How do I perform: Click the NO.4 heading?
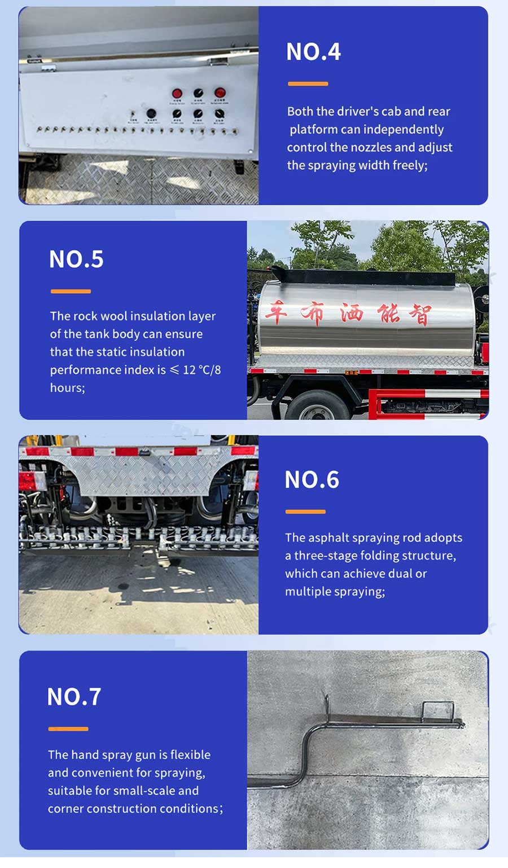[313, 52]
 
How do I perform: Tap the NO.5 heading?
[76, 259]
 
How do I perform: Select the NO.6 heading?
[312, 480]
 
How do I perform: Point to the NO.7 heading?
[74, 697]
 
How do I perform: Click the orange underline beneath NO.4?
[308, 84]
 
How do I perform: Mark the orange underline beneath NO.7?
[68, 729]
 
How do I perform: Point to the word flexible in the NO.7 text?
[190, 755]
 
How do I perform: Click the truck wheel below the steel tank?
[314, 406]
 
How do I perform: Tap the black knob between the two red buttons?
[198, 93]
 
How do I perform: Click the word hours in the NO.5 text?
[66, 388]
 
